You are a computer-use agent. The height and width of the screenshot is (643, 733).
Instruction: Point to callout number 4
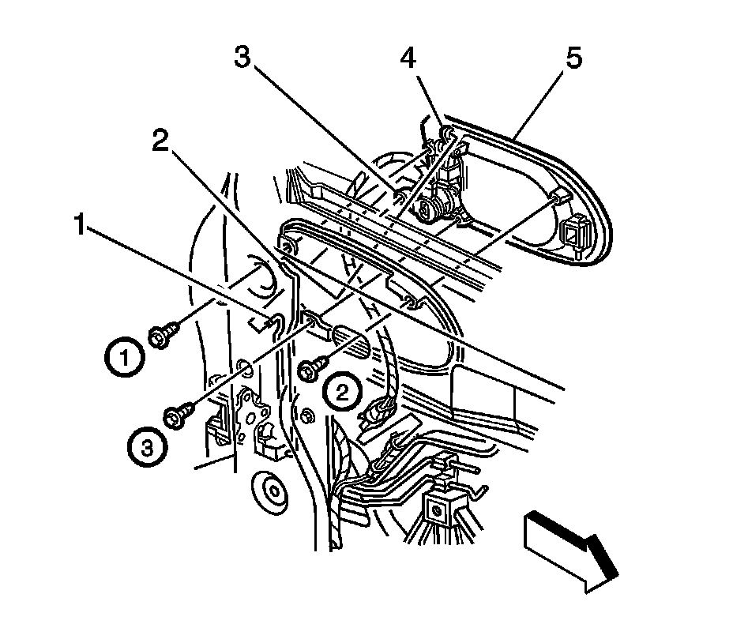[x=408, y=59]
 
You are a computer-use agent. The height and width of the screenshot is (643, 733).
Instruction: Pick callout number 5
[x=573, y=59]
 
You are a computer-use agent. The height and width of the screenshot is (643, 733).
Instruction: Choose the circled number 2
[x=341, y=391]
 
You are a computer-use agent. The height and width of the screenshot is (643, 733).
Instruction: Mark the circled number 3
[x=147, y=448]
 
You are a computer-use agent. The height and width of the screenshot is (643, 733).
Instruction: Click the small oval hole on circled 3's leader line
[x=244, y=367]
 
